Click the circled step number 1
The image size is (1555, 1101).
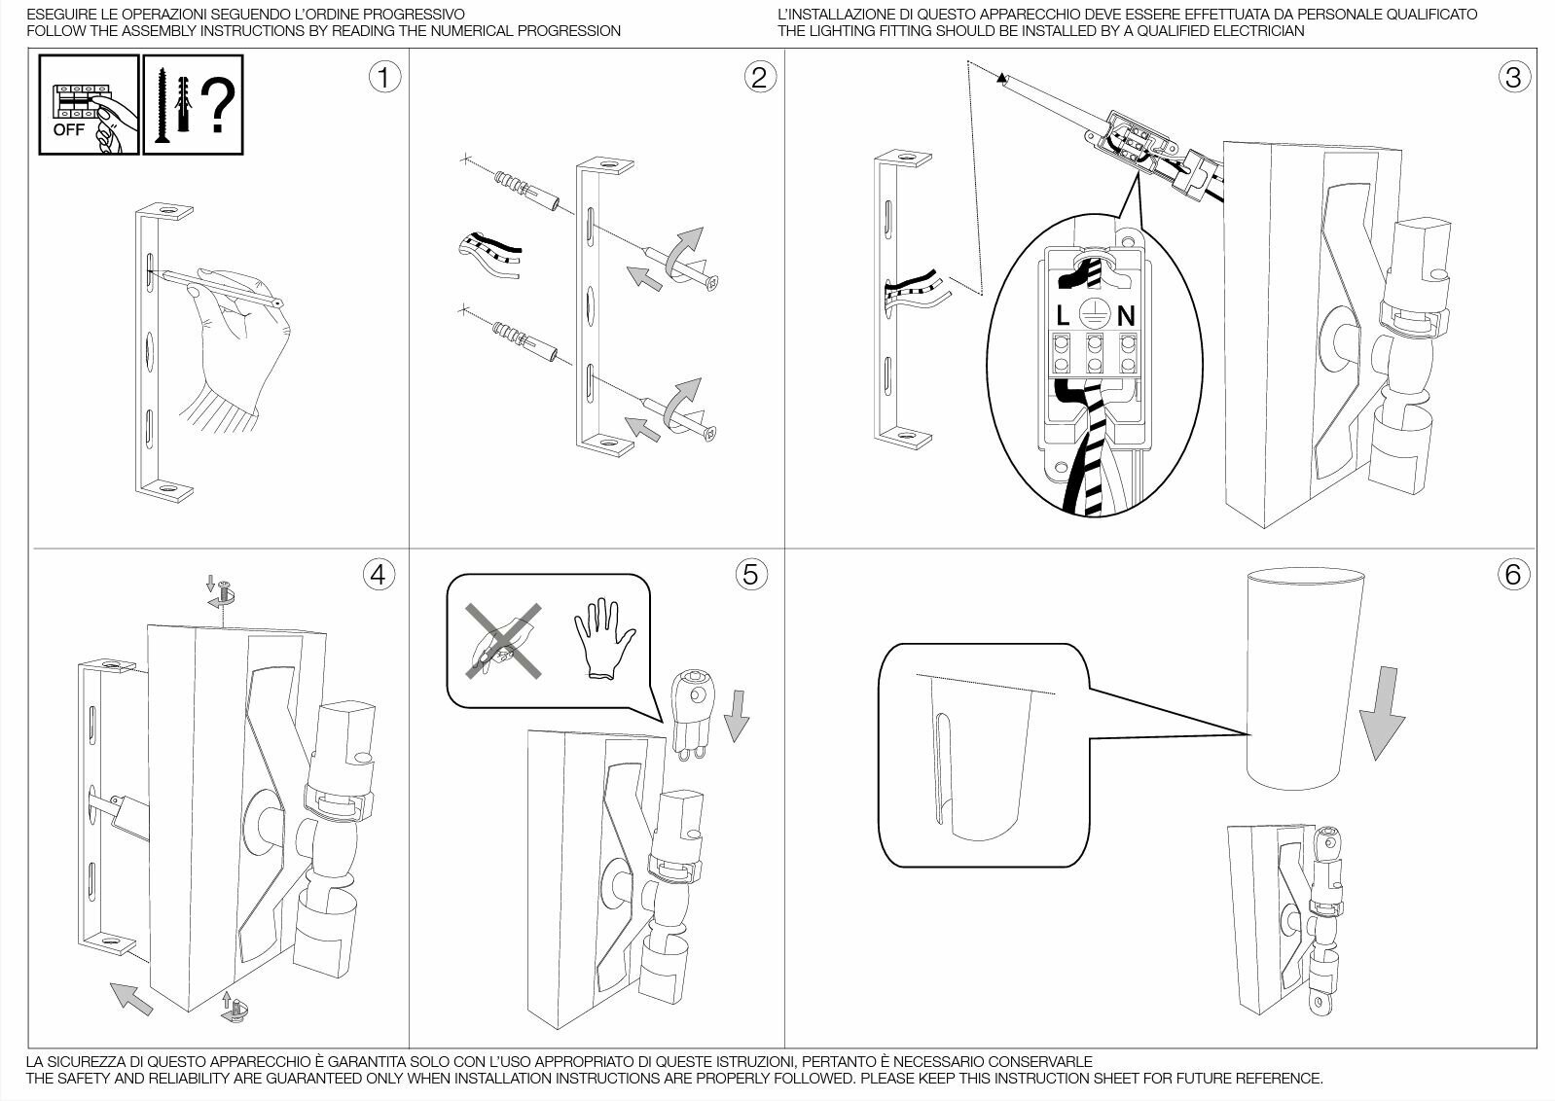[384, 77]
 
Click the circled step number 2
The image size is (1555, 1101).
[760, 77]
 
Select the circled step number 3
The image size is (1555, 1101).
[1514, 77]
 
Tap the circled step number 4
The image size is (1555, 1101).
[379, 575]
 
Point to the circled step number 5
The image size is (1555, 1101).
[751, 575]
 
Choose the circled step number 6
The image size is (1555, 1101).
[1514, 575]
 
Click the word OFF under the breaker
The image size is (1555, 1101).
[69, 129]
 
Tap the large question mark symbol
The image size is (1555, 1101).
[219, 106]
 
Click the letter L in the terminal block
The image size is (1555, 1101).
[1062, 316]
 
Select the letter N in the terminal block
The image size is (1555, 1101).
[1126, 316]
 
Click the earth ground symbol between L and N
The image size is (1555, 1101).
[1094, 315]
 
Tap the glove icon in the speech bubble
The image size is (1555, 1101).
[604, 637]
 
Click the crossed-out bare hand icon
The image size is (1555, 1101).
[502, 641]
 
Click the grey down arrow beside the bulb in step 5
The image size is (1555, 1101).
[737, 716]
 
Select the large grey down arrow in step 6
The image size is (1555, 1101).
[1382, 713]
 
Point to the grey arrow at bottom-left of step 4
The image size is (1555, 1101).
[131, 998]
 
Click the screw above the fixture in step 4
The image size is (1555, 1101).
[224, 592]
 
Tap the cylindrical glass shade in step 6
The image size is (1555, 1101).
[1305, 679]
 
